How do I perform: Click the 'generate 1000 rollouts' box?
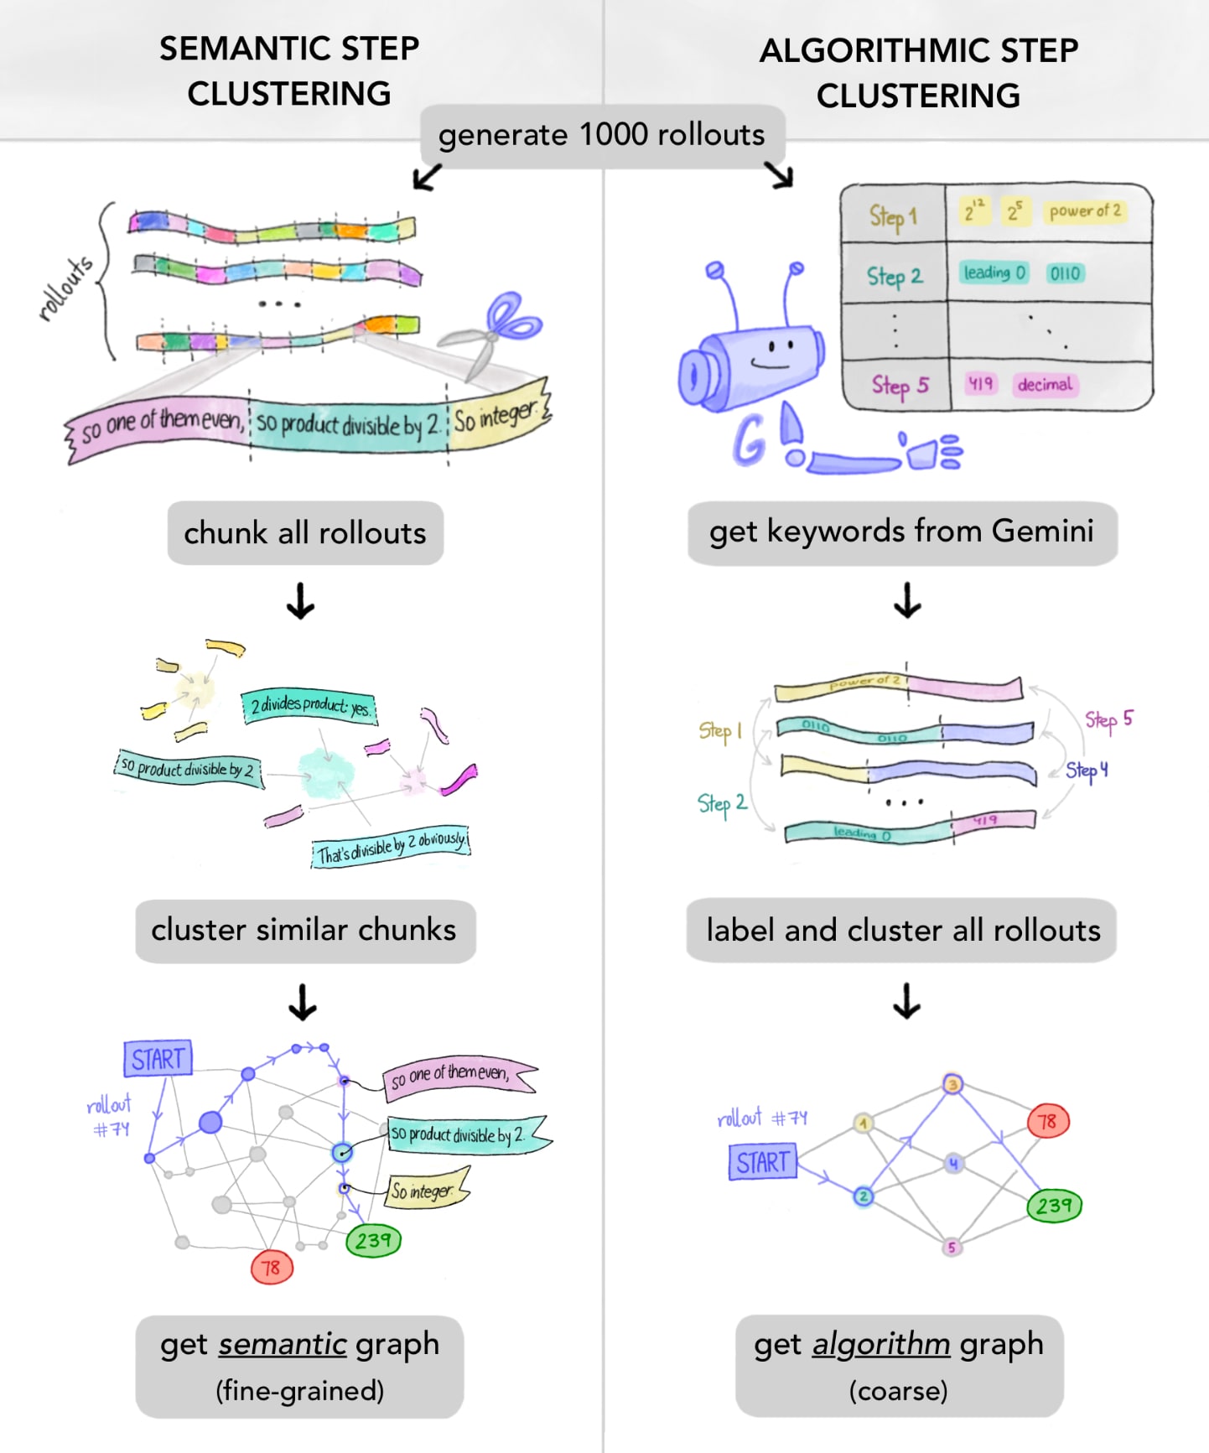pyautogui.click(x=602, y=135)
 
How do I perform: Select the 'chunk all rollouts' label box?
pyautogui.click(x=305, y=533)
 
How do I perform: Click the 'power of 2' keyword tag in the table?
pyautogui.click(x=1084, y=211)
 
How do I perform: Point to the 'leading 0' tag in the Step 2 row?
pyautogui.click(x=994, y=272)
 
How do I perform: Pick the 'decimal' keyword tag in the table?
pyautogui.click(x=1045, y=385)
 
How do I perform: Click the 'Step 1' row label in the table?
pyautogui.click(x=893, y=216)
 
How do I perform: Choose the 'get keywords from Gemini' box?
pyautogui.click(x=901, y=532)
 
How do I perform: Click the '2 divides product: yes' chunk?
pyautogui.click(x=309, y=706)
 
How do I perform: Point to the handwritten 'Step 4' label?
pyautogui.click(x=1087, y=771)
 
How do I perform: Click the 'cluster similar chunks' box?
pyautogui.click(x=304, y=931)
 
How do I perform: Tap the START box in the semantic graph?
pyautogui.click(x=158, y=1059)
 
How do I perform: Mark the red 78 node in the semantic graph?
pyautogui.click(x=272, y=1268)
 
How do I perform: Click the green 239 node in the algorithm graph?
pyautogui.click(x=1054, y=1206)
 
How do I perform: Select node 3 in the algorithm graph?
pyautogui.click(x=952, y=1084)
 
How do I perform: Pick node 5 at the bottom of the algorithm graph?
pyautogui.click(x=951, y=1248)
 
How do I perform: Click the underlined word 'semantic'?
pyautogui.click(x=283, y=1344)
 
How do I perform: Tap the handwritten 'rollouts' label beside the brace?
pyautogui.click(x=65, y=289)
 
